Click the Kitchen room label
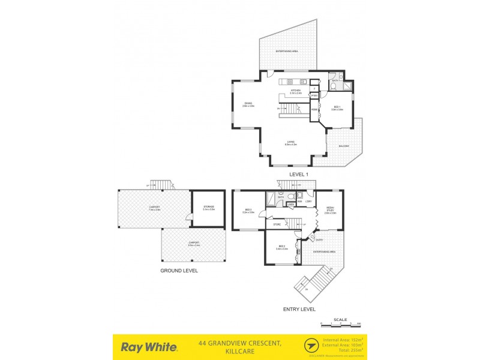(295, 92)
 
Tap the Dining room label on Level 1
(248, 104)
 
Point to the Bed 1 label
(337, 109)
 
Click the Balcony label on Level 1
(343, 146)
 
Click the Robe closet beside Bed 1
(314, 110)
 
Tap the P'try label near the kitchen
(314, 95)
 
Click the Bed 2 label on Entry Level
(282, 247)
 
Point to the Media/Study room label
(330, 211)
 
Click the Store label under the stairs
(277, 224)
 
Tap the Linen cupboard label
(290, 205)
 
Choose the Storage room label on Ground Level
(208, 208)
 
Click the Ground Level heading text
(179, 271)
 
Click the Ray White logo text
(149, 346)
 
